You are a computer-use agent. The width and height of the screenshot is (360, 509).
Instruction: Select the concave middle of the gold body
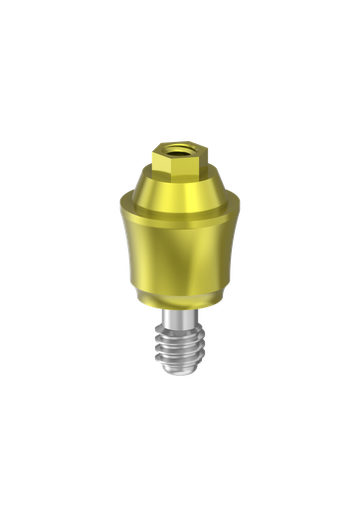(x=180, y=254)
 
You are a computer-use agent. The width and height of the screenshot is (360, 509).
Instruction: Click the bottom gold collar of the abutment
(x=180, y=298)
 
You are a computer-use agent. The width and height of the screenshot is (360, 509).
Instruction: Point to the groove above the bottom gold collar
(x=180, y=288)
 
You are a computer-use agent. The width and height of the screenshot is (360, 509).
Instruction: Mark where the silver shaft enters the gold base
(x=180, y=309)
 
